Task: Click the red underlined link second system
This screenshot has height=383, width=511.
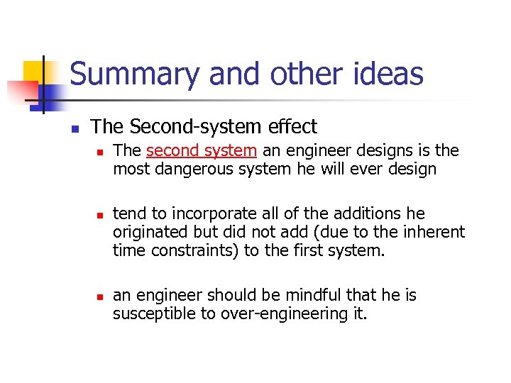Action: coord(201,150)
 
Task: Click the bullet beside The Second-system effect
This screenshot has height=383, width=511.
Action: coord(74,129)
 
